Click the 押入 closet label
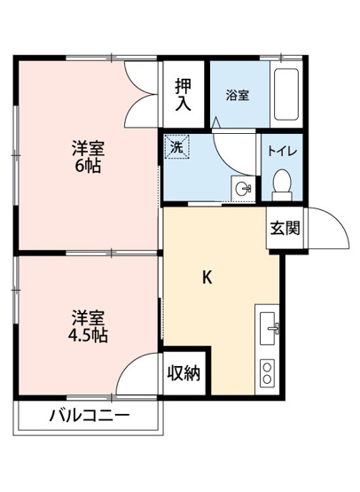click(183, 94)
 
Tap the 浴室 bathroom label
click(235, 95)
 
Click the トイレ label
click(283, 151)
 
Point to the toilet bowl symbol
click(283, 181)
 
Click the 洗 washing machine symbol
click(176, 149)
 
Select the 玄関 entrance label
click(285, 227)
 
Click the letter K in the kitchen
click(207, 277)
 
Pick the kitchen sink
click(270, 328)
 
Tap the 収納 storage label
click(184, 372)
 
